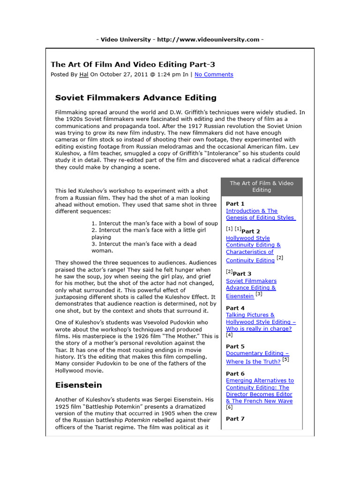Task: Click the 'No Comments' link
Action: (214, 75)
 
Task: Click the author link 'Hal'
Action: (83, 75)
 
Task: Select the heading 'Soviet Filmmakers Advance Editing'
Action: (136, 98)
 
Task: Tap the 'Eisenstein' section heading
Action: (78, 385)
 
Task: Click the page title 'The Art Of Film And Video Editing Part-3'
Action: (133, 64)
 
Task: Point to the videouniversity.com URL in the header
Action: (208, 39)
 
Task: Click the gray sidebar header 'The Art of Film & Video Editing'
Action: (262, 187)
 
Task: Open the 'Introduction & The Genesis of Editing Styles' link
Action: (260, 214)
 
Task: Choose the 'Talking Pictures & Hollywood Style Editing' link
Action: (261, 322)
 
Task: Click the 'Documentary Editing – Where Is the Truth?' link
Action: (257, 357)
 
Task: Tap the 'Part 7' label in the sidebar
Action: (235, 419)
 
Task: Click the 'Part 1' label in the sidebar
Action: (235, 204)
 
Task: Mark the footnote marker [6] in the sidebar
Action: (229, 408)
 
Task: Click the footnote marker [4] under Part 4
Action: (229, 335)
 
